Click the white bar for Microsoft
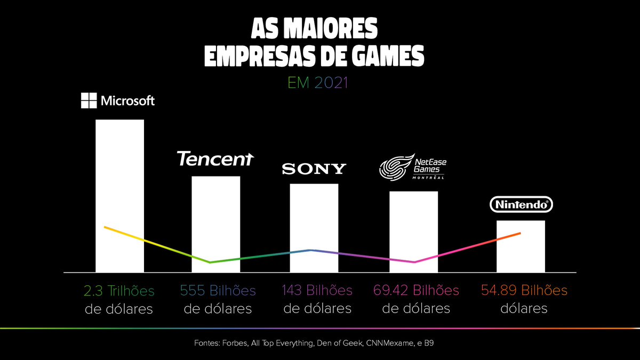click(x=119, y=176)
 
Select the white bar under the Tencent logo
click(x=215, y=213)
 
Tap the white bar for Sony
click(x=314, y=219)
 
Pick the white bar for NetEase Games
click(x=413, y=224)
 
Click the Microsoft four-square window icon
click(x=89, y=101)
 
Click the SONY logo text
click(x=314, y=170)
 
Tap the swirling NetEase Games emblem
click(x=395, y=167)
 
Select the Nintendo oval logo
click(x=521, y=204)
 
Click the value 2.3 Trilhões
click(x=119, y=291)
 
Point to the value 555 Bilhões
click(x=218, y=291)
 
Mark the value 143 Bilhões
click(x=317, y=291)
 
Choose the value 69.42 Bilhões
click(x=416, y=291)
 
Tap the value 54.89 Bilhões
click(x=524, y=291)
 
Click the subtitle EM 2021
click(x=317, y=83)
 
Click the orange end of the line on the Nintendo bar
click(x=519, y=234)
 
